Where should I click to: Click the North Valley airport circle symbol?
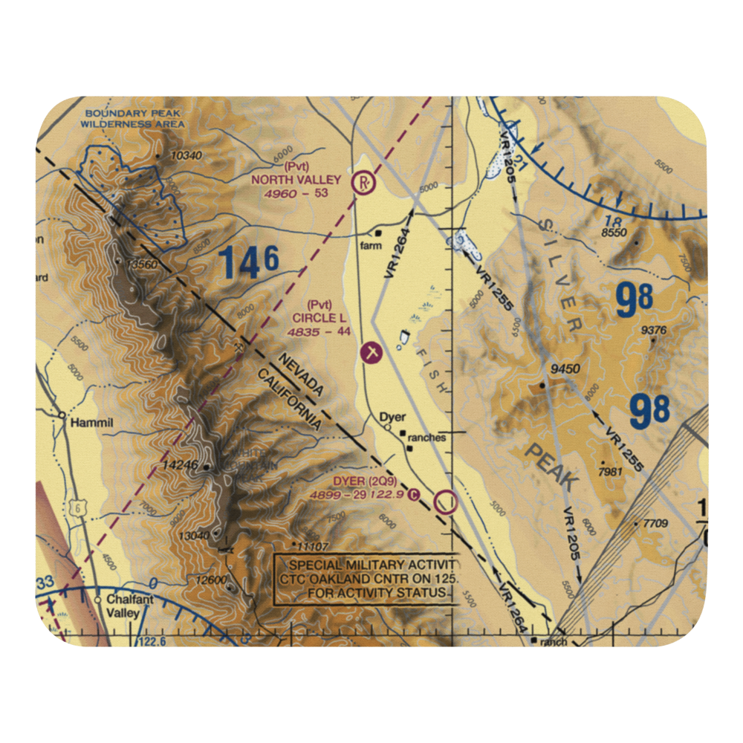[363, 181]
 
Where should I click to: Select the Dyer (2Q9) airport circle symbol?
[446, 502]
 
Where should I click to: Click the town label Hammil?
[90, 423]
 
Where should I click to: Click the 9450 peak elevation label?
[565, 369]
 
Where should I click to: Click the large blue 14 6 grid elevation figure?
[248, 263]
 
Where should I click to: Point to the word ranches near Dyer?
[427, 438]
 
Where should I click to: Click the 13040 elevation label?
[192, 535]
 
